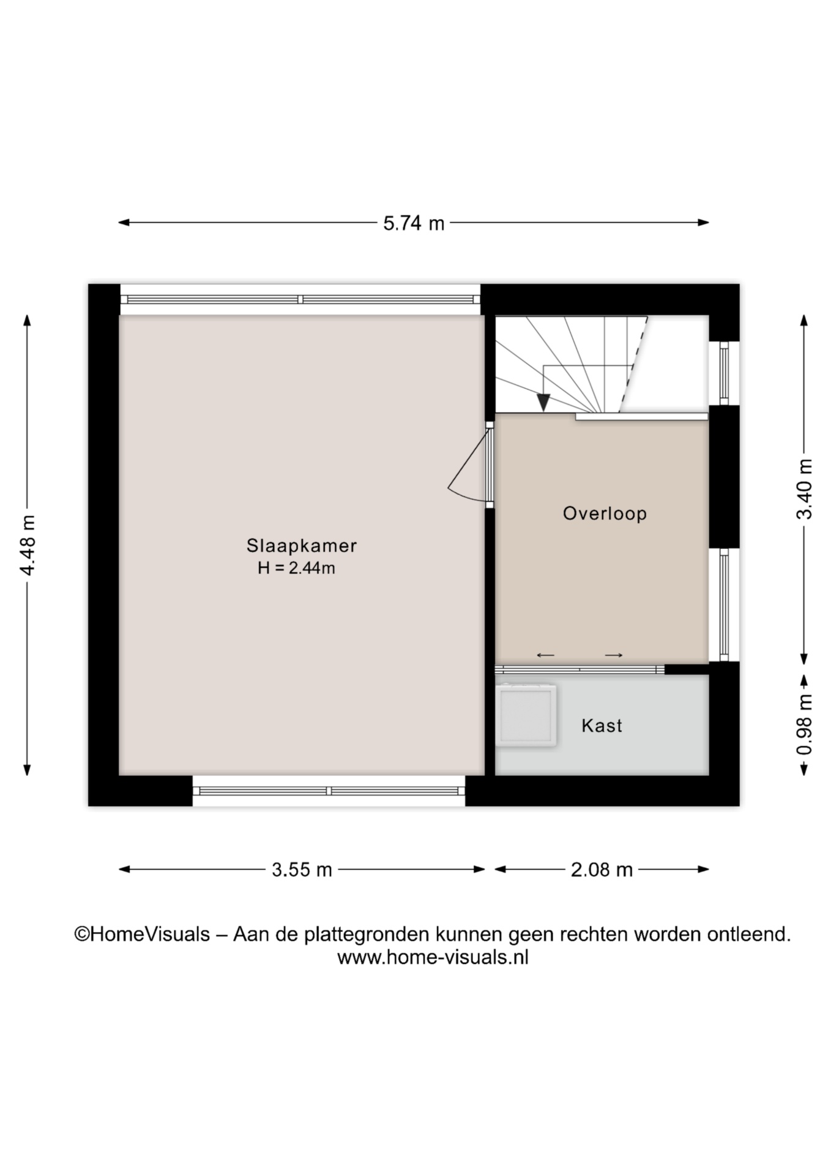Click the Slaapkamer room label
301,545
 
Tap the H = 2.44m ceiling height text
296,568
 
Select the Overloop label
605,513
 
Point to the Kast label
602,726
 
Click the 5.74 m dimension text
414,223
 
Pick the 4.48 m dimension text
28,545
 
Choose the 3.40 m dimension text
804,489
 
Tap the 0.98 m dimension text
804,725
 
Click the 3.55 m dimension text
302,870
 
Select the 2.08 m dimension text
602,870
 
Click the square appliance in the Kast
526,715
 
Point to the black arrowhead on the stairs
543,403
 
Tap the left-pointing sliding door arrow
545,655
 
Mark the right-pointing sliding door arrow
614,655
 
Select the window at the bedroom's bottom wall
329,791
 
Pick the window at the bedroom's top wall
300,299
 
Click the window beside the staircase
724,373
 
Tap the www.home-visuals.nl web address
433,958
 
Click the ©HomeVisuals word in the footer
142,934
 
